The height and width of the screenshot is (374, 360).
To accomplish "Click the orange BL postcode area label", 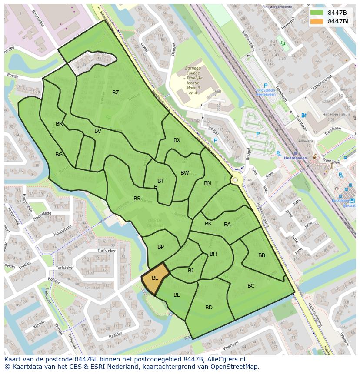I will click(155, 278).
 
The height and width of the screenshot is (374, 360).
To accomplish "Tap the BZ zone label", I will click(116, 93).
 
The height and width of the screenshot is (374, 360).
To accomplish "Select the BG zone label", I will click(59, 155).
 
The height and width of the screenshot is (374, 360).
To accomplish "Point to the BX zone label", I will click(177, 140).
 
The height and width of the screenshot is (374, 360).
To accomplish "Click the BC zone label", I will click(251, 286).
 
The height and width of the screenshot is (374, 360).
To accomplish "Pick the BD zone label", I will click(209, 308).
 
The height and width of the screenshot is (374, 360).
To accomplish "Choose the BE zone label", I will click(177, 295).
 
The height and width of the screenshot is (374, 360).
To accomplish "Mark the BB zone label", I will click(262, 255).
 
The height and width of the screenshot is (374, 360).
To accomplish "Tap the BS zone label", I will click(137, 199).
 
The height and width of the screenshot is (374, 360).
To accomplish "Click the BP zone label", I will click(161, 247).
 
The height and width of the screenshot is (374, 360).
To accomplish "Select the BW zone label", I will click(185, 173).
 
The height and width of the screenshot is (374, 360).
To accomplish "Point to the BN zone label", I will click(207, 183).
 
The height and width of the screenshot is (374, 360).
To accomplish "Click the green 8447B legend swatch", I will click(317, 13).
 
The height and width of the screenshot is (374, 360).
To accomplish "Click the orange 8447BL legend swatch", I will click(317, 21).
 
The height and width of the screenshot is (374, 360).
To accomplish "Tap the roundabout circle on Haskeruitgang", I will click(235, 180).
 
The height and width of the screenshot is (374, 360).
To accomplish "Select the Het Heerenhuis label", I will click(336, 115).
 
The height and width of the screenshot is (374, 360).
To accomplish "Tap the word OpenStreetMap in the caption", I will click(234, 367).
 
